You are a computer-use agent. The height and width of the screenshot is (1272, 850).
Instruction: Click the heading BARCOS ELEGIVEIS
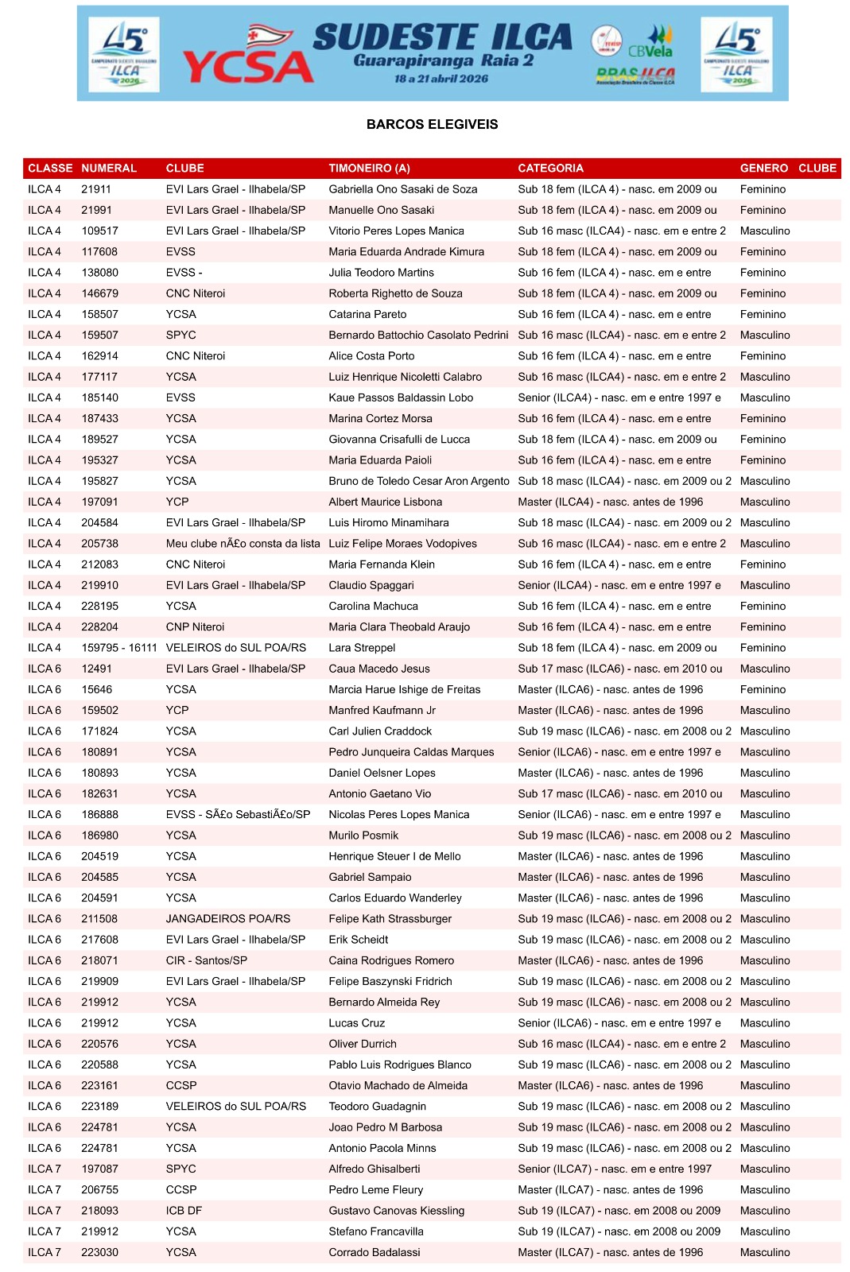[432, 124]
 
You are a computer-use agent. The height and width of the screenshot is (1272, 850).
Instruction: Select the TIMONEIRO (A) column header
[369, 168]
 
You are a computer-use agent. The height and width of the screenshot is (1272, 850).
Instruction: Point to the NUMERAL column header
[109, 168]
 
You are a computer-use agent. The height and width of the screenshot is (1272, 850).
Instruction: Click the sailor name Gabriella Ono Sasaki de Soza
[402, 189]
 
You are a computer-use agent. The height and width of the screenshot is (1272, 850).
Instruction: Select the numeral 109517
[99, 231]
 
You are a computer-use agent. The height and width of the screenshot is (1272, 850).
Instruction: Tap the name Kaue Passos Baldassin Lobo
[401, 397]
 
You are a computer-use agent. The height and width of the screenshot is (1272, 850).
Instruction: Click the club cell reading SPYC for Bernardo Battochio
[180, 335]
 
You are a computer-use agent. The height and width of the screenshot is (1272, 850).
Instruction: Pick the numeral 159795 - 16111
[119, 647]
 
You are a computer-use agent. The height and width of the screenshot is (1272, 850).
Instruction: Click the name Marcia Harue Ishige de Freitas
[404, 689]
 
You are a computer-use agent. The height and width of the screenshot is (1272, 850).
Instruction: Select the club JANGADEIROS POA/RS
[227, 918]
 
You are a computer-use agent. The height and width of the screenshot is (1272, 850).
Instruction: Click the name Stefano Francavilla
[375, 1231]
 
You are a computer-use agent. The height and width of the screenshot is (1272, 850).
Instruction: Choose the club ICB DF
[184, 1210]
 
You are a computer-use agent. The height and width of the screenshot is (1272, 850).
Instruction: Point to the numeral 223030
[99, 1252]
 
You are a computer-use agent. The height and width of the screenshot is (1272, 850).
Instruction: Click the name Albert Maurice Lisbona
[385, 502]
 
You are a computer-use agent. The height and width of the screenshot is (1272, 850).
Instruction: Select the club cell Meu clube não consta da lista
[243, 543]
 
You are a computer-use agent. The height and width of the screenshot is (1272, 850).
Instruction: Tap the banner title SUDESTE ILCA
[442, 37]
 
